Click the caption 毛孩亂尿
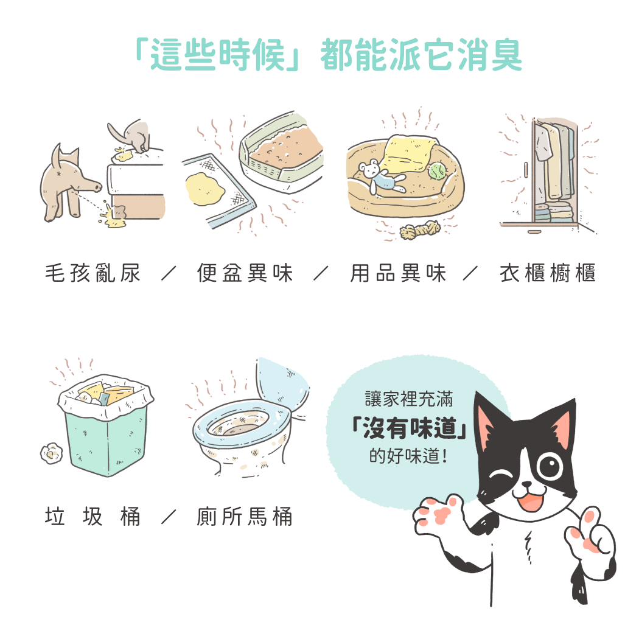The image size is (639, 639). point(93,273)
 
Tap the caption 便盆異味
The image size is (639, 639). point(245,273)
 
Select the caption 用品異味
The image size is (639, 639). point(398,273)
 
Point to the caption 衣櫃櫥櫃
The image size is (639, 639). point(548,273)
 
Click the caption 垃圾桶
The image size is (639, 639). point(93,517)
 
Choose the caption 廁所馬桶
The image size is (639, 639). point(245,517)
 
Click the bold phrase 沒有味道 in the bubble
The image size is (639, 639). point(410,428)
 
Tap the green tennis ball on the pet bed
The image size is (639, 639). point(436,171)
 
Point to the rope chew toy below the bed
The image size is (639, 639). point(420,230)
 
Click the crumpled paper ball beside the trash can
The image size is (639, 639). point(51,453)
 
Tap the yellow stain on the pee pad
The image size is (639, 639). point(204,189)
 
